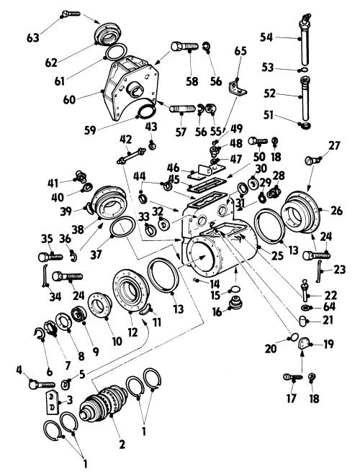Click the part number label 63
(33, 38)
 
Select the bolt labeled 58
(184, 47)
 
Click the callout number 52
(269, 94)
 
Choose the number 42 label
(125, 140)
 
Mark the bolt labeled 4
(42, 385)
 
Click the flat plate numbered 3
(51, 403)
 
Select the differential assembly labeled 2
(104, 402)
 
